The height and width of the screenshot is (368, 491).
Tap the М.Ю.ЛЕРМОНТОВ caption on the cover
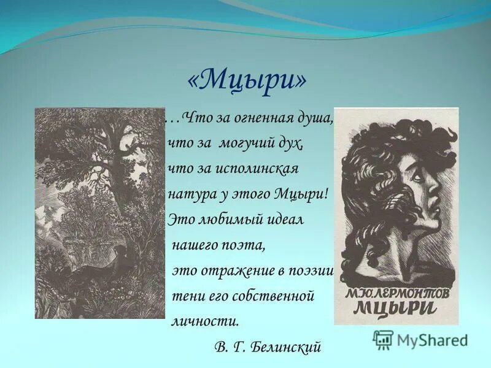[x=395, y=290]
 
